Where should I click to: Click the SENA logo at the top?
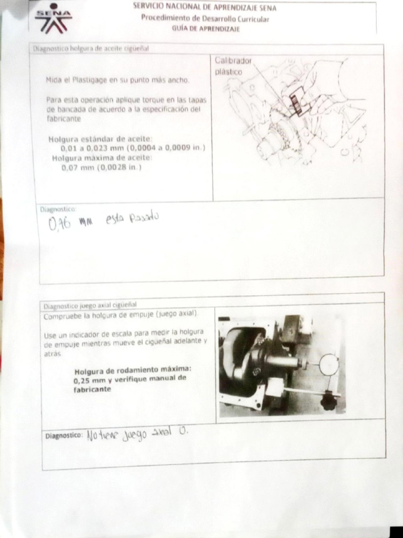click(x=54, y=18)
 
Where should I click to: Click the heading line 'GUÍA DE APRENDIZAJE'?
click(x=205, y=29)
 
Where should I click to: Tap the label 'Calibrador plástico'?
click(x=233, y=66)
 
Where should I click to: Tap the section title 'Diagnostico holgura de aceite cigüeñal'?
click(x=91, y=48)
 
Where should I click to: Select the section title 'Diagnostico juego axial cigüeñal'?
click(x=90, y=305)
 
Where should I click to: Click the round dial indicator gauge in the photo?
click(x=329, y=365)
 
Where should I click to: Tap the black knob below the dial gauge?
click(x=329, y=402)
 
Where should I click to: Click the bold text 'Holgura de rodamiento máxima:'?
click(x=133, y=369)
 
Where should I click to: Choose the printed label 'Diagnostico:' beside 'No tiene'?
click(x=64, y=436)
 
